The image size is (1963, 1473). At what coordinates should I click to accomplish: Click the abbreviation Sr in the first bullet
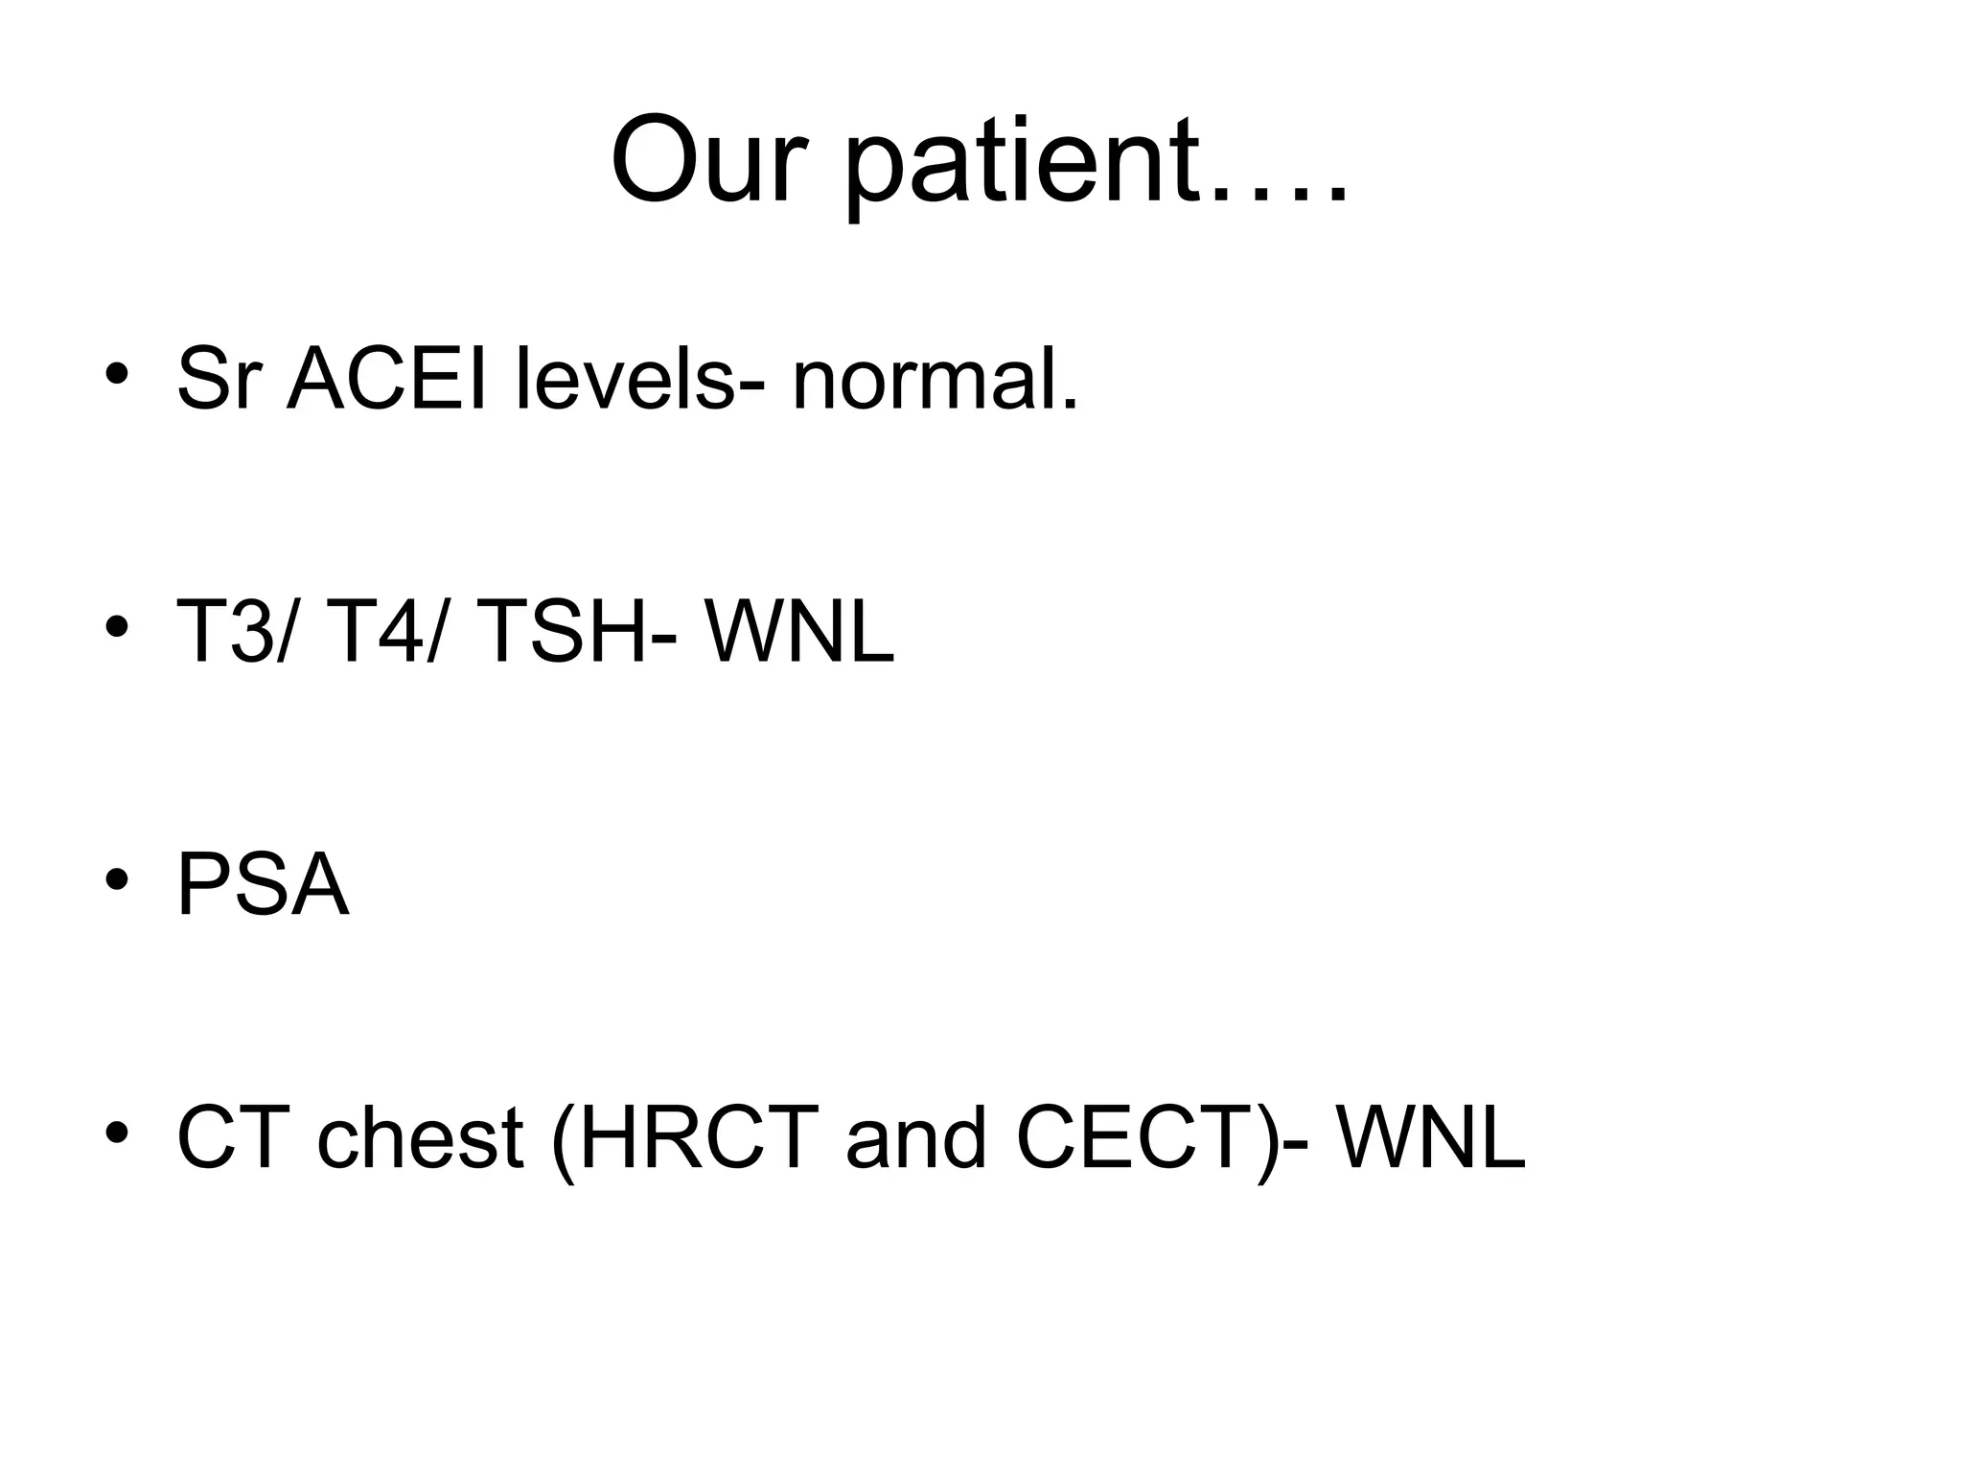coord(219,380)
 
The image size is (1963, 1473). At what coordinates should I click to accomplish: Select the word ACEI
coord(387,380)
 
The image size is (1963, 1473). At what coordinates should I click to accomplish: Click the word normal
coord(934,380)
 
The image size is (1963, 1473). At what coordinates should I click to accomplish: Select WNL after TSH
coord(799,633)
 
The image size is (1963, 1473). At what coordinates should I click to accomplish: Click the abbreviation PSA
coord(263,886)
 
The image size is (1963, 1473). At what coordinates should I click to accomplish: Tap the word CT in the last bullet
coord(233,1139)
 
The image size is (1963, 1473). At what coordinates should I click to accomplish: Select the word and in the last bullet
coord(915,1139)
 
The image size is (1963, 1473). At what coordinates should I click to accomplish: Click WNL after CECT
coord(1430,1139)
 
